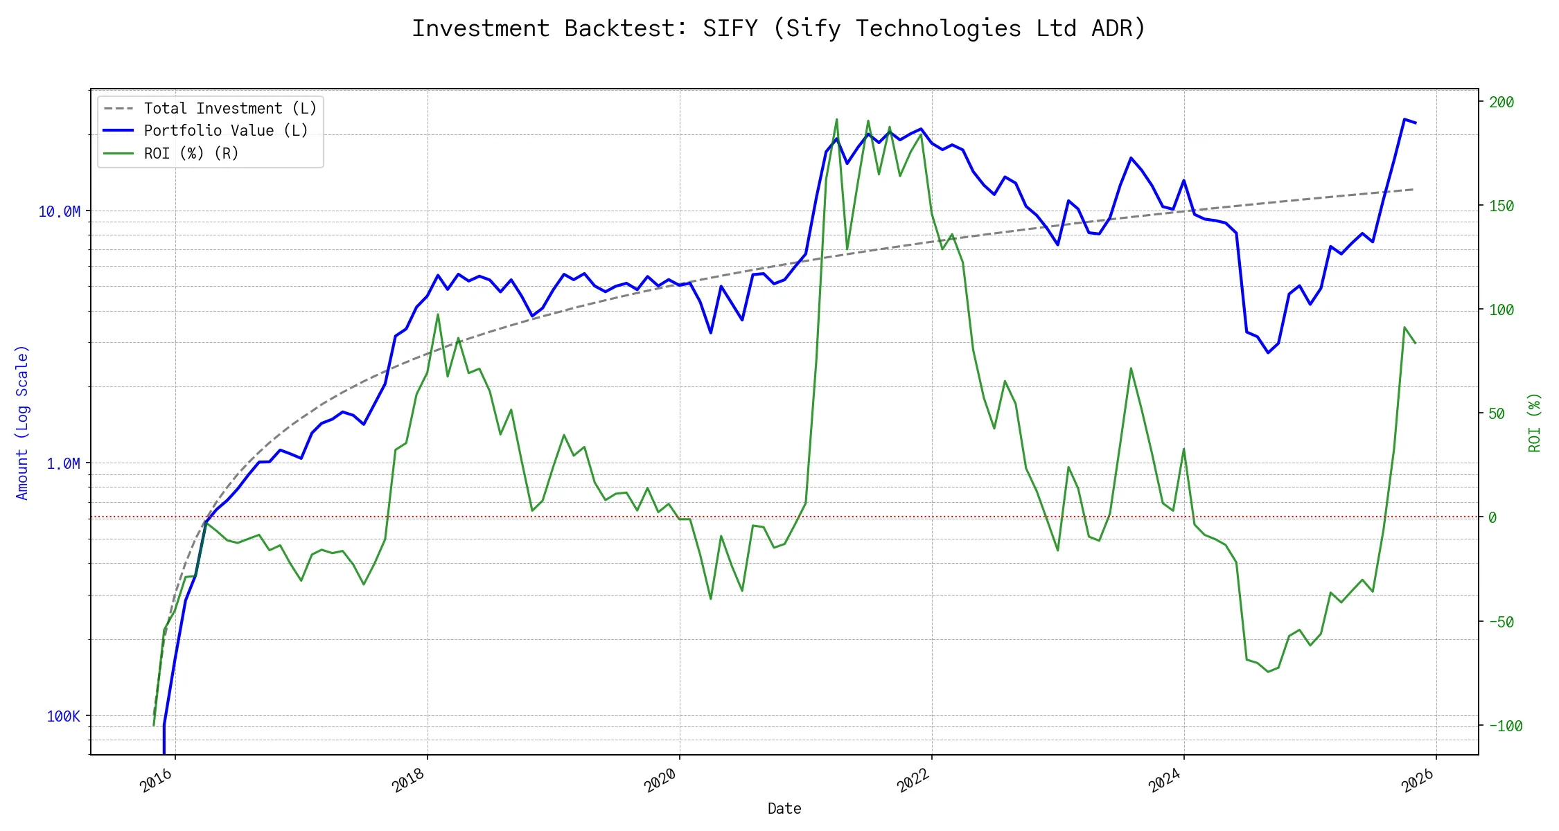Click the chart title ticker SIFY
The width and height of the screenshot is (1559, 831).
click(x=730, y=28)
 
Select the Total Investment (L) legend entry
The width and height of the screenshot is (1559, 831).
click(x=230, y=109)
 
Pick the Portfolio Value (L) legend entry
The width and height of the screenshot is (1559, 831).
click(x=226, y=131)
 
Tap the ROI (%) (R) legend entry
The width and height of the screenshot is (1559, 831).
click(x=191, y=153)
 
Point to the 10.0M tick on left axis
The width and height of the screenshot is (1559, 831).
click(x=59, y=211)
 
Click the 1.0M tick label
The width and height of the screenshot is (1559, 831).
click(x=63, y=463)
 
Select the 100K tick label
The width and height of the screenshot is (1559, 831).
click(x=63, y=716)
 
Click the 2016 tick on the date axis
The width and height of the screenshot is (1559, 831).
click(x=157, y=780)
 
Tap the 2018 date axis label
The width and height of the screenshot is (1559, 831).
click(x=409, y=780)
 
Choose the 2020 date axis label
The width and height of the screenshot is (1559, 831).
click(x=661, y=780)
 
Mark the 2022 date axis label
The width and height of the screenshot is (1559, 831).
click(x=913, y=780)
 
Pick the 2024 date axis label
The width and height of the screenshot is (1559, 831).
click(x=1165, y=780)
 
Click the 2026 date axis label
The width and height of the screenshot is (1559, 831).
click(x=1418, y=780)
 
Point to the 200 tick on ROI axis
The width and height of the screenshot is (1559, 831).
click(x=1501, y=102)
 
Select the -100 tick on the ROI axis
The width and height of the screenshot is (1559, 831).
click(x=1506, y=726)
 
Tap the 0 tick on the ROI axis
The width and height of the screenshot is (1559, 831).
click(x=1492, y=517)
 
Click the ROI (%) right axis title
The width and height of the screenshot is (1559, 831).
click(x=1535, y=422)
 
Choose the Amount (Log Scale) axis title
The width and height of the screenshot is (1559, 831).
click(x=22, y=422)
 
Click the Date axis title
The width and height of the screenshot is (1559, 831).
click(x=784, y=808)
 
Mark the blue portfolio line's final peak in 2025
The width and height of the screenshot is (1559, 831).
click(x=1404, y=119)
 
